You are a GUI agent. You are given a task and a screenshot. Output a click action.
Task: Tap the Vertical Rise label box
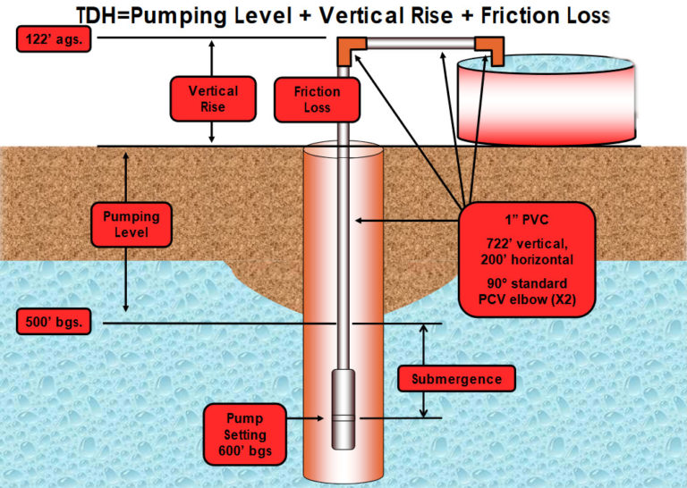[213, 99]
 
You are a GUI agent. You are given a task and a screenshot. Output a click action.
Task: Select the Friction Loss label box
[317, 99]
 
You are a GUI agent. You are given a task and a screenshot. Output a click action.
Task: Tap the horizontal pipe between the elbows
[419, 43]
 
